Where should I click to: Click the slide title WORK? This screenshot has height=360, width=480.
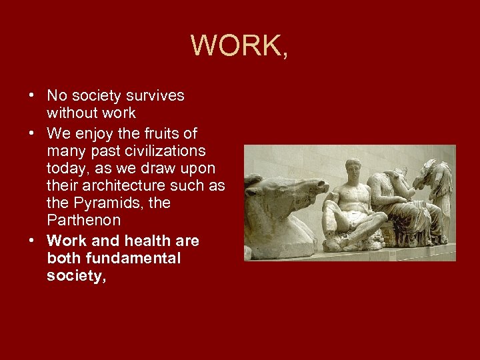[x=239, y=45]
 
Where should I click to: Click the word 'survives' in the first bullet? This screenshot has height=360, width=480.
[x=155, y=96]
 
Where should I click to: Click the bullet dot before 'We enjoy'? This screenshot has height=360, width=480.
[x=32, y=133]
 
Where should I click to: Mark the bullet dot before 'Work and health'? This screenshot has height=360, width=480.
[x=32, y=240]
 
